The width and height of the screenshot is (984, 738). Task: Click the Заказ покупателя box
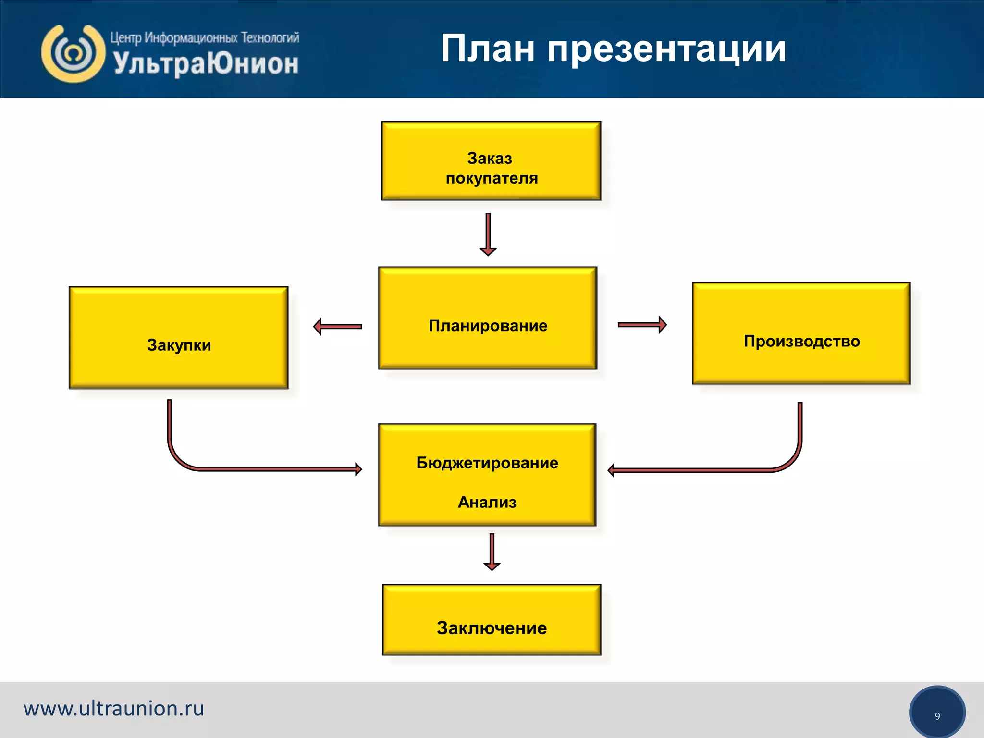pos(491,161)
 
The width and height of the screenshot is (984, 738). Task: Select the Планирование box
pos(488,318)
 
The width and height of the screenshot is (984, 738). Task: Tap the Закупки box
pos(179,338)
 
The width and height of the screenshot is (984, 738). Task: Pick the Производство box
pos(801,333)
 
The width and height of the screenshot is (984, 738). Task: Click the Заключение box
pos(492,620)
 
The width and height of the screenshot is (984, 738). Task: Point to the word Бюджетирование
pos(487,463)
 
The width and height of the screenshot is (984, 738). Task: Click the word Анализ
pos(487,502)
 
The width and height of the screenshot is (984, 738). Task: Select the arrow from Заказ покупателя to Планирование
pos(488,234)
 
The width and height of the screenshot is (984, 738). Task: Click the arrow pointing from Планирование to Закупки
pos(337,327)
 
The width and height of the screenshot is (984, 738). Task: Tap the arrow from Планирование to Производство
pos(642,325)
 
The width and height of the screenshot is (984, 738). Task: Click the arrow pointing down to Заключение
pos(492,552)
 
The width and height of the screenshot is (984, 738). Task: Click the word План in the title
pos(487,49)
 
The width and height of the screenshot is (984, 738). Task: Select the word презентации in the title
pos(666,49)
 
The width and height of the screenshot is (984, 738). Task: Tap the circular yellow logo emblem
pos(73,53)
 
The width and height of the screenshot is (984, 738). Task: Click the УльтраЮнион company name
pos(206,64)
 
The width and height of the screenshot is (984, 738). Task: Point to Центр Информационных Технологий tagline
pos(205,37)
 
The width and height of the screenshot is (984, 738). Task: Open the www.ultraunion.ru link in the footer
pos(114,709)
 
